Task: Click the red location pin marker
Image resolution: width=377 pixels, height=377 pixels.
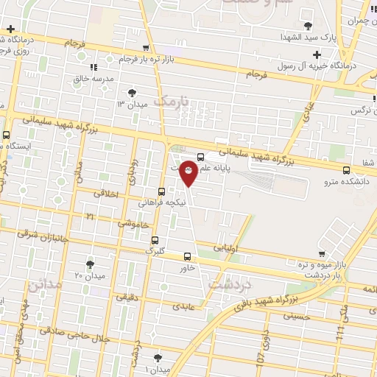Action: [188, 172]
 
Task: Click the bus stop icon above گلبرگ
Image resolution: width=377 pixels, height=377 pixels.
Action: [155, 240]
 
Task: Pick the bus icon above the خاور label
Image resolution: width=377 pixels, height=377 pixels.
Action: [186, 257]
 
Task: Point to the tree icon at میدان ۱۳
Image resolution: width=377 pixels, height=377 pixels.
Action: [132, 93]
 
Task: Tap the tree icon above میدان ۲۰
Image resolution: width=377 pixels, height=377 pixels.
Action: [90, 264]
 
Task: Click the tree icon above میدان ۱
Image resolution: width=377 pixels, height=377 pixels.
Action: [156, 356]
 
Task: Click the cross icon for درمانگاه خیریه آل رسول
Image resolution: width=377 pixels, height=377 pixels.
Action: [317, 54]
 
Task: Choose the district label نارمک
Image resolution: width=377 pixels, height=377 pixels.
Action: [172, 99]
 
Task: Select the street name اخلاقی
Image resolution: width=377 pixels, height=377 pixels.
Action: [108, 194]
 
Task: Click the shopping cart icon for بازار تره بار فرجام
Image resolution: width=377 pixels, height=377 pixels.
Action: [110, 59]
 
